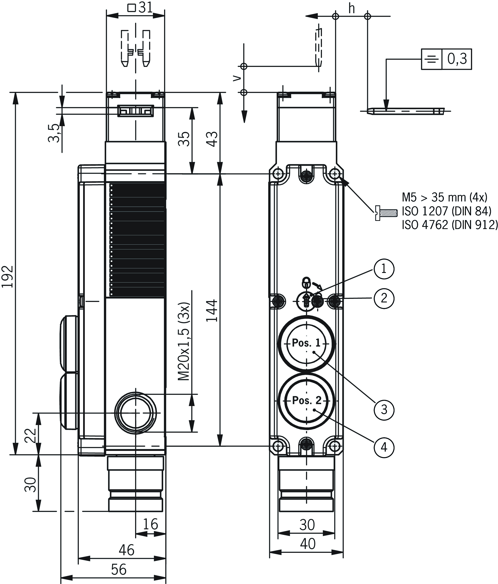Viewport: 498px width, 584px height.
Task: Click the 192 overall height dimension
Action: [8, 276]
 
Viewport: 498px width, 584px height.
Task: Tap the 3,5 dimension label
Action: [54, 133]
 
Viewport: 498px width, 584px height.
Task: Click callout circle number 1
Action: [384, 269]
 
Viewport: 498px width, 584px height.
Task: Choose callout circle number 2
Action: [384, 298]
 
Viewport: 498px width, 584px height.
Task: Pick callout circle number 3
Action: [384, 410]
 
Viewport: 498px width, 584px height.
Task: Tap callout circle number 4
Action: [384, 447]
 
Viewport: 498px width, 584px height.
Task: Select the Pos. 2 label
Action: [307, 400]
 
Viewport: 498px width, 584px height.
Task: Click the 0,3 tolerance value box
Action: [457, 59]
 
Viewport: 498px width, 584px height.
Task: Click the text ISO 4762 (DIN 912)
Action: [450, 225]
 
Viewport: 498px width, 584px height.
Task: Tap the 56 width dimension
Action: [119, 569]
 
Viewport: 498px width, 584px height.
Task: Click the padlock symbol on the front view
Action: [306, 283]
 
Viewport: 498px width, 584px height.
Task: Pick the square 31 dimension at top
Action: [140, 8]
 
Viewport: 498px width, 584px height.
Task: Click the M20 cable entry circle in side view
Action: [135, 413]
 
